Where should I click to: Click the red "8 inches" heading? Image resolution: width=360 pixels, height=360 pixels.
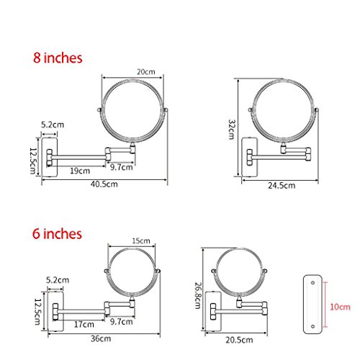pyautogui.click(x=58, y=58)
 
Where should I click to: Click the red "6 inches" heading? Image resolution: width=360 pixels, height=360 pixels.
pyautogui.click(x=57, y=234)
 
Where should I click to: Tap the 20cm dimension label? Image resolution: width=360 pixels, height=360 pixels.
pyautogui.click(x=146, y=72)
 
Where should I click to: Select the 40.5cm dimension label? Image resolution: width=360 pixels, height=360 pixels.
pyautogui.click(x=104, y=184)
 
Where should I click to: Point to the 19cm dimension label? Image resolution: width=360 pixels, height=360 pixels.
pyautogui.click(x=80, y=171)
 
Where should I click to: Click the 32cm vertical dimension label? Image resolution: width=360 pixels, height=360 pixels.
pyautogui.click(x=231, y=130)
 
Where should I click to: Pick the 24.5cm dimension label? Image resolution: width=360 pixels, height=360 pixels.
pyautogui.click(x=282, y=186)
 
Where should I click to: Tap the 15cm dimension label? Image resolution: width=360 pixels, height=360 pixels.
pyautogui.click(x=141, y=240)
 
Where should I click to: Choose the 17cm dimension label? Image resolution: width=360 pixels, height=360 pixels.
pyautogui.click(x=84, y=325)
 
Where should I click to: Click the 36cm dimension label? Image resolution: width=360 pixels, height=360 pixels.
pyautogui.click(x=101, y=338)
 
